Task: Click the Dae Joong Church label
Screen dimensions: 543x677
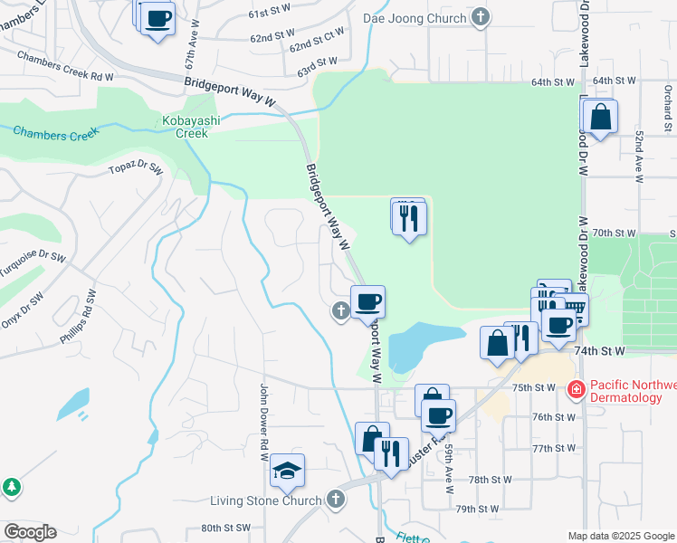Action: (415, 16)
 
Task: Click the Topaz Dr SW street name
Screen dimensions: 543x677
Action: (136, 168)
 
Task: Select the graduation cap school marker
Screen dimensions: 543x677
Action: (287, 472)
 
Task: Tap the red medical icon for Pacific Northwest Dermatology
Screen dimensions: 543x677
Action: (575, 390)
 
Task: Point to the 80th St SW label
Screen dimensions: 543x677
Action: (225, 528)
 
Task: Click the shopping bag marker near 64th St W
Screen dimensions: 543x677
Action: (599, 118)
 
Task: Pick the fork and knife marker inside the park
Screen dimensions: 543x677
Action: (409, 218)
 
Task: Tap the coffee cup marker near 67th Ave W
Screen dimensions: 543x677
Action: (157, 18)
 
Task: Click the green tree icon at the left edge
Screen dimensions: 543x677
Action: (11, 487)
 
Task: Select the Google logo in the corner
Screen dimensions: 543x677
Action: (29, 532)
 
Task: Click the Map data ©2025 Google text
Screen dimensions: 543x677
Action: (621, 536)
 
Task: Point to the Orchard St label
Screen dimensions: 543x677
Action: (667, 95)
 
